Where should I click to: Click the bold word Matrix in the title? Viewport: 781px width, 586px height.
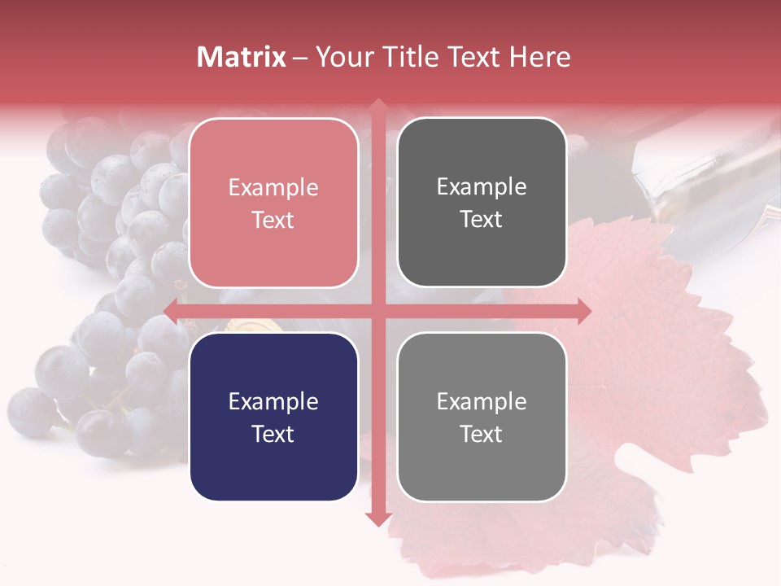(x=242, y=57)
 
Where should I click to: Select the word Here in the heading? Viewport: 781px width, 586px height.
(x=539, y=57)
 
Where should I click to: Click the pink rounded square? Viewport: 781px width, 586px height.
(x=273, y=203)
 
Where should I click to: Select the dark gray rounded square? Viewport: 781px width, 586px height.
(x=482, y=203)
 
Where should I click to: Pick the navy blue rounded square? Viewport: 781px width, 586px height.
(x=273, y=417)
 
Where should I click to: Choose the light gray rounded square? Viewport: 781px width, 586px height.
(x=482, y=417)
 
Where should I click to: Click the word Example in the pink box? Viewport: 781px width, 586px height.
(x=273, y=187)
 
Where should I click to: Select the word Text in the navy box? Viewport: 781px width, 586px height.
(x=273, y=434)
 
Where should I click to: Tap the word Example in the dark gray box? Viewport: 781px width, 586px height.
(x=482, y=186)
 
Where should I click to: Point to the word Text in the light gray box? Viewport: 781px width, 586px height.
(x=482, y=434)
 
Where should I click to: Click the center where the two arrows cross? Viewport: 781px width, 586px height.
(x=377, y=310)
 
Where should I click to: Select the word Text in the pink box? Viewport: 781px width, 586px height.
(x=273, y=220)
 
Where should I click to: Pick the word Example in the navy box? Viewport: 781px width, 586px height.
(x=273, y=401)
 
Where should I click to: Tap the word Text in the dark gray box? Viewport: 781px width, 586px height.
(x=482, y=220)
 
